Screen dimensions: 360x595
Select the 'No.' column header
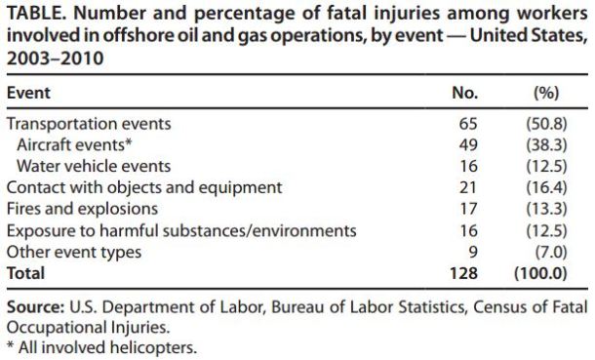[x=466, y=94]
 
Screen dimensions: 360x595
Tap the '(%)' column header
[x=546, y=94]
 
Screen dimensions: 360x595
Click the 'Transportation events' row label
[x=89, y=124]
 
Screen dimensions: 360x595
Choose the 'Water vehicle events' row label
[x=94, y=166]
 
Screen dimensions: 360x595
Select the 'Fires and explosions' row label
[x=82, y=208]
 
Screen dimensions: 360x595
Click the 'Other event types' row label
[x=73, y=251]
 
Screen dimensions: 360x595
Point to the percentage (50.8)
[x=547, y=124]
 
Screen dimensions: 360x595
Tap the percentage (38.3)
[x=547, y=145]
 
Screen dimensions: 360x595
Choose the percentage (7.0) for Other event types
[x=551, y=251]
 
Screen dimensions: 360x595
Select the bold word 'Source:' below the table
[x=36, y=307]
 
